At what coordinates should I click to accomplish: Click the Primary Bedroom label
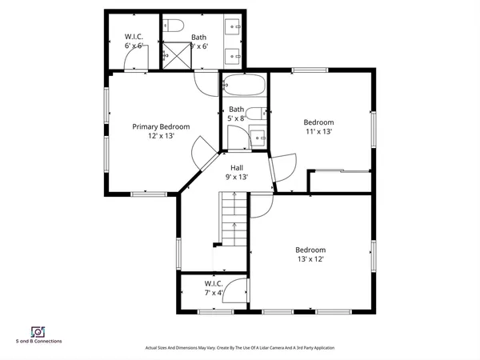point(161,126)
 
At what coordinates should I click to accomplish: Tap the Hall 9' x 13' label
point(237,168)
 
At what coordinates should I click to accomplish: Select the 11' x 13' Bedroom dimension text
point(318,132)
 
